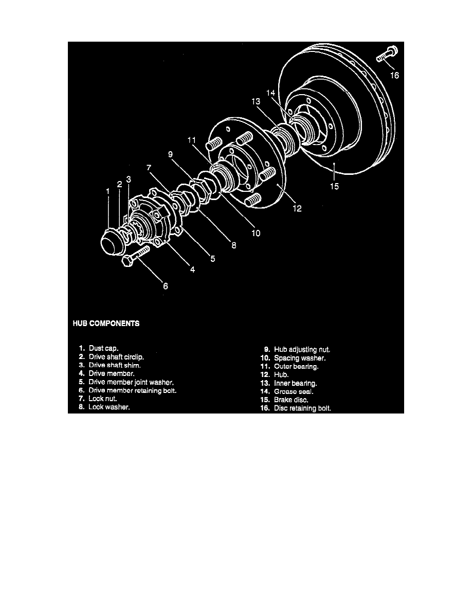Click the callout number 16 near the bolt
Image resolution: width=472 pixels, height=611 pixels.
(394, 75)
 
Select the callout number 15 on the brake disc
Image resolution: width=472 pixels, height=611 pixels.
(334, 187)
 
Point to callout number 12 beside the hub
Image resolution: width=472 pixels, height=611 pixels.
(297, 209)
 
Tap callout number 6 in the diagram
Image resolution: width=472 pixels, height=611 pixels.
(165, 286)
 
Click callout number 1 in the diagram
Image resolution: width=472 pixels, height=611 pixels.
(108, 191)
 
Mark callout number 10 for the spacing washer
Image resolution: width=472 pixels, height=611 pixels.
(256, 233)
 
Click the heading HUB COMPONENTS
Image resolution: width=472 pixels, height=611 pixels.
(105, 324)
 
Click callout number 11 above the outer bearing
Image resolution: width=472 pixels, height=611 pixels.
(192, 140)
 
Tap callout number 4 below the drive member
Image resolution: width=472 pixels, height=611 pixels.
(192, 268)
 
